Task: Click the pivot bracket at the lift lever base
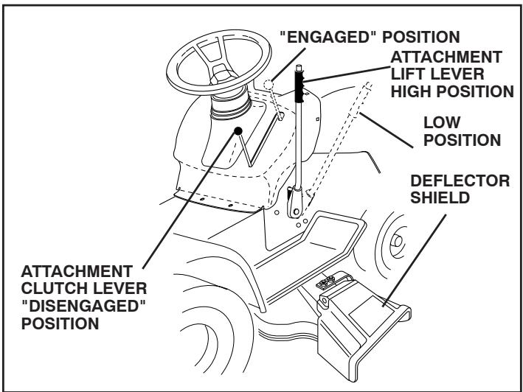point(296,203)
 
